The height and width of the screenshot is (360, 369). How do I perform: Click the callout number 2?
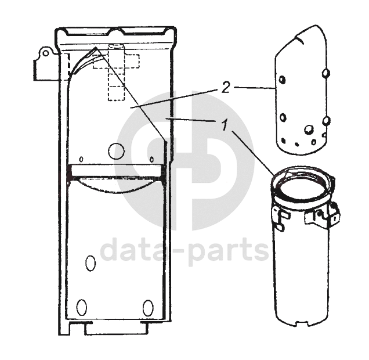(x=226, y=88)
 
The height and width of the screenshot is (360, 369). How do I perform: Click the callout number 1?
(x=225, y=124)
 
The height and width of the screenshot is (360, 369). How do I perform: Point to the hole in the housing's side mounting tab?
(x=46, y=53)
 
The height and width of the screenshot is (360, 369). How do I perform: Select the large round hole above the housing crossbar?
(x=116, y=152)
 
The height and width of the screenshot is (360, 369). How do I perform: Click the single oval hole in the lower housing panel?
(x=91, y=264)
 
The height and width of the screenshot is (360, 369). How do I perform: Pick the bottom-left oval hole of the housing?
(x=82, y=308)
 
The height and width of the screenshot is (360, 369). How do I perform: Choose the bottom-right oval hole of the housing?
(x=148, y=308)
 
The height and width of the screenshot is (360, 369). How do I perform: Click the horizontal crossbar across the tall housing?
(x=116, y=171)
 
